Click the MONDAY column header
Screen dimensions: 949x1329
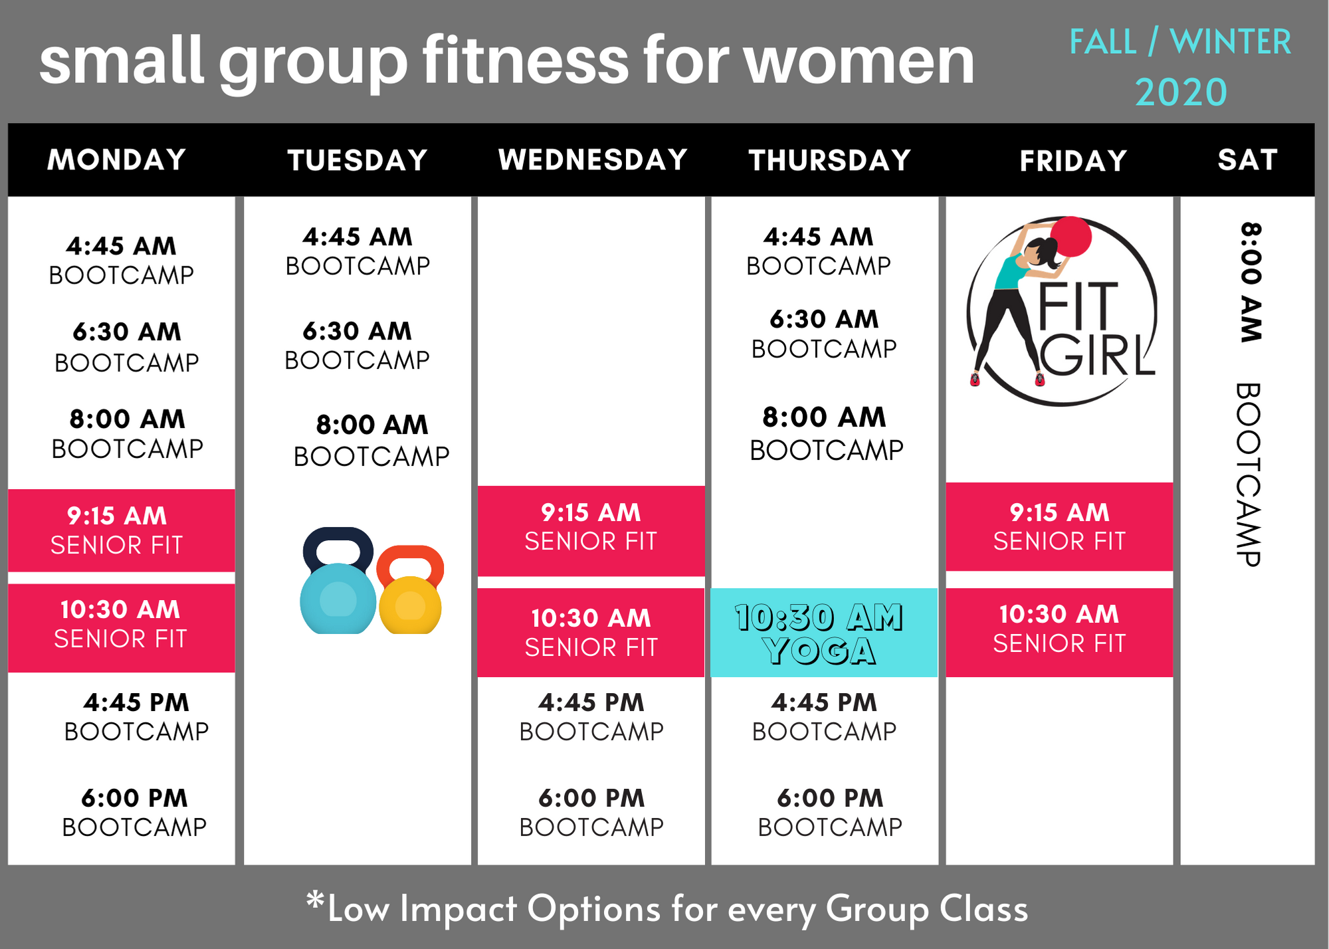click(x=117, y=160)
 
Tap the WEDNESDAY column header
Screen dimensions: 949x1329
click(x=593, y=160)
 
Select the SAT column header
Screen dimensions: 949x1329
click(x=1247, y=160)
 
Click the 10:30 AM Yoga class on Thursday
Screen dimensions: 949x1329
click(x=824, y=633)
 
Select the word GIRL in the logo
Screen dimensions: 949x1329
click(x=1096, y=356)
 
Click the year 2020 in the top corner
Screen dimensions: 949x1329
click(x=1181, y=92)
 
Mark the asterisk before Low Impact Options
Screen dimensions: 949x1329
click(x=315, y=902)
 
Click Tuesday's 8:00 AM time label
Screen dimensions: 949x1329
click(x=371, y=425)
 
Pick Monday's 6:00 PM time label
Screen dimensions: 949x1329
click(x=134, y=798)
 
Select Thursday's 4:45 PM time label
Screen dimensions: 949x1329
click(x=824, y=702)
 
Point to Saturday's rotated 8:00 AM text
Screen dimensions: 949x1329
click(x=1251, y=282)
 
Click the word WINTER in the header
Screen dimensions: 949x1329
click(x=1230, y=42)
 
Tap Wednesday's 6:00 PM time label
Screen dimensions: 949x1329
click(x=591, y=798)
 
